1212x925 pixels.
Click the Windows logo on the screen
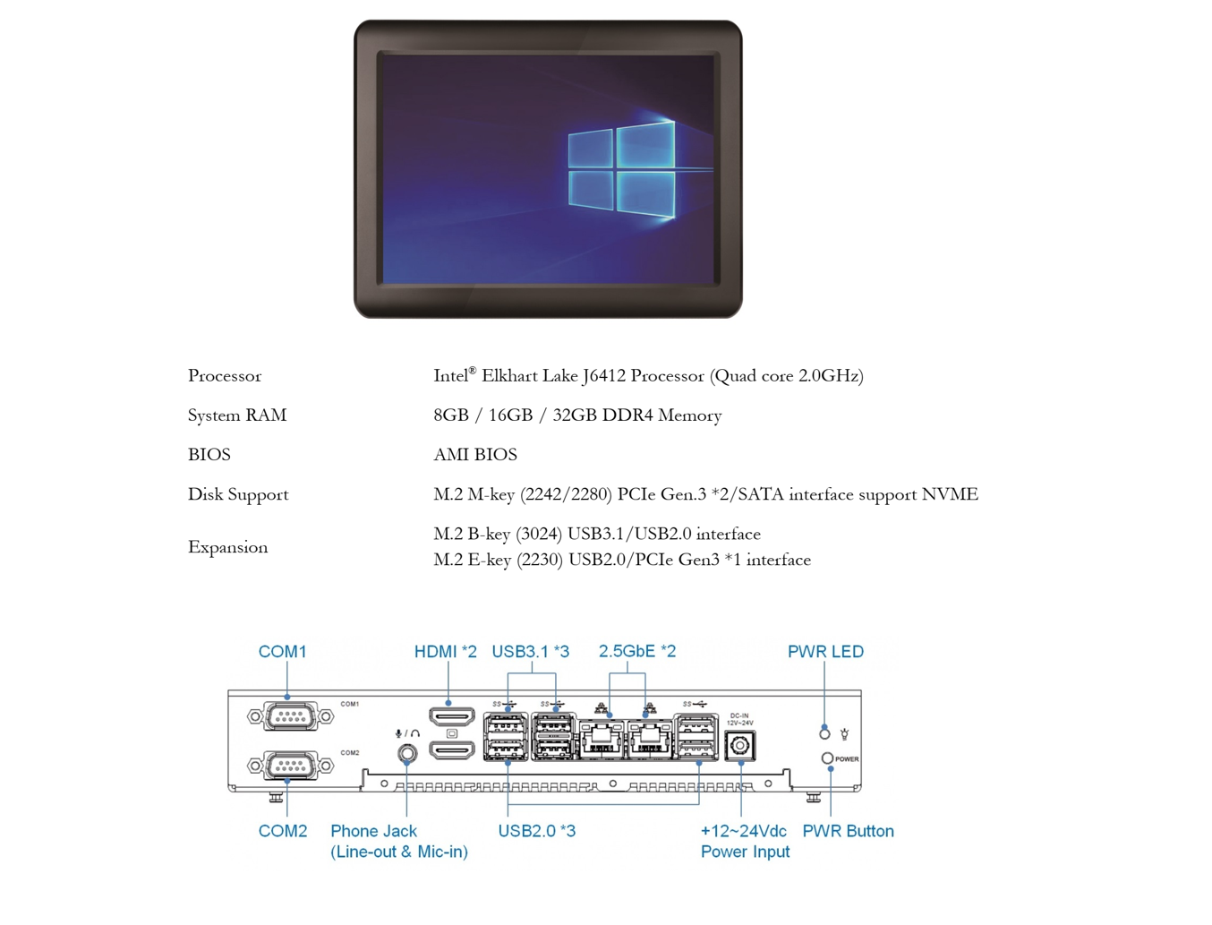[x=621, y=169]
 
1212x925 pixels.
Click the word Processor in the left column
[x=224, y=376]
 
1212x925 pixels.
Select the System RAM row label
[x=237, y=415]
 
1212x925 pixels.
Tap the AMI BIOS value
[x=474, y=455]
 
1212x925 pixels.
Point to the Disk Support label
[x=238, y=495]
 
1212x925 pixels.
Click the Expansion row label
[x=227, y=547]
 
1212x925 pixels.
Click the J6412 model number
[x=603, y=376]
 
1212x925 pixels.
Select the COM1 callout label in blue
[x=282, y=652]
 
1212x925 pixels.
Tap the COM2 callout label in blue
[x=282, y=831]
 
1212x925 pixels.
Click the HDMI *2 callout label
[x=445, y=652]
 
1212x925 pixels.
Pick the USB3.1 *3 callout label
[x=530, y=652]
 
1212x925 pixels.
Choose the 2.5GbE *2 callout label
[x=637, y=651]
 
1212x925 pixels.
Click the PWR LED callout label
[x=825, y=652]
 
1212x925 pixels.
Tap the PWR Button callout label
[x=848, y=831]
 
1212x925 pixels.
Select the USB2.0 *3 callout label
[x=537, y=831]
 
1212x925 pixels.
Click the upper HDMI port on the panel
[x=452, y=716]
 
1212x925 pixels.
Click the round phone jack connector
[x=407, y=753]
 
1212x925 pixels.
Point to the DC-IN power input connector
[x=740, y=746]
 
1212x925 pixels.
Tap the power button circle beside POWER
[x=827, y=758]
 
